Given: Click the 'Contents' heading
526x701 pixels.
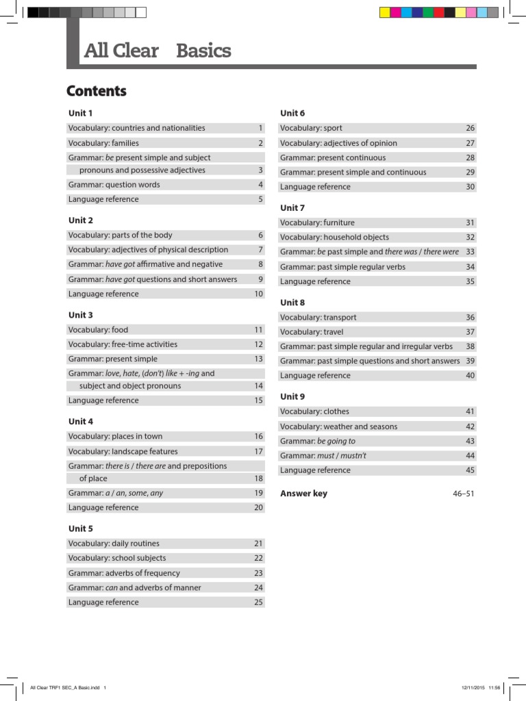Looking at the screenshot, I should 97,92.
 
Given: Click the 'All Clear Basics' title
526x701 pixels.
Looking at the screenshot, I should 157,51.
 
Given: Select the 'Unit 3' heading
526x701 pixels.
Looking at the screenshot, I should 80,315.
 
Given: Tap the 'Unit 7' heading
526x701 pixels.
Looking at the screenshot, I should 292,207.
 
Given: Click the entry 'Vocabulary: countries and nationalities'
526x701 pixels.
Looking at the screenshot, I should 136,128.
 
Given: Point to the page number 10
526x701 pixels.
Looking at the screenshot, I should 258,294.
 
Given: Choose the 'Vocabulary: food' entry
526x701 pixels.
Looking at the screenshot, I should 98,330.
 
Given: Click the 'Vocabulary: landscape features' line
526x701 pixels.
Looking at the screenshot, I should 123,451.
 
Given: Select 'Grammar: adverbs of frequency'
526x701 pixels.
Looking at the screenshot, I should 124,573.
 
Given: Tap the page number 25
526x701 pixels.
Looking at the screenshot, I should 258,602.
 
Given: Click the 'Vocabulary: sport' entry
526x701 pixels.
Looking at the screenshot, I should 311,128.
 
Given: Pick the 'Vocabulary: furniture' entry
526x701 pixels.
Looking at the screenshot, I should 317,222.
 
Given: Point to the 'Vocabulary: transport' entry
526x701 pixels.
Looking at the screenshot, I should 318,317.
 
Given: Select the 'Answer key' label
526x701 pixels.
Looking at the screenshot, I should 303,494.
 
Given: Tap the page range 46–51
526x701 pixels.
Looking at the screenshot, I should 463,494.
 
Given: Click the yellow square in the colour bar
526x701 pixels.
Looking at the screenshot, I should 385,12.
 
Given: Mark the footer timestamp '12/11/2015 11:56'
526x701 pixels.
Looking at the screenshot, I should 481,687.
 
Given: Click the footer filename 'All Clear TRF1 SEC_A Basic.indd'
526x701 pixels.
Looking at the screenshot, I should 65,687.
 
